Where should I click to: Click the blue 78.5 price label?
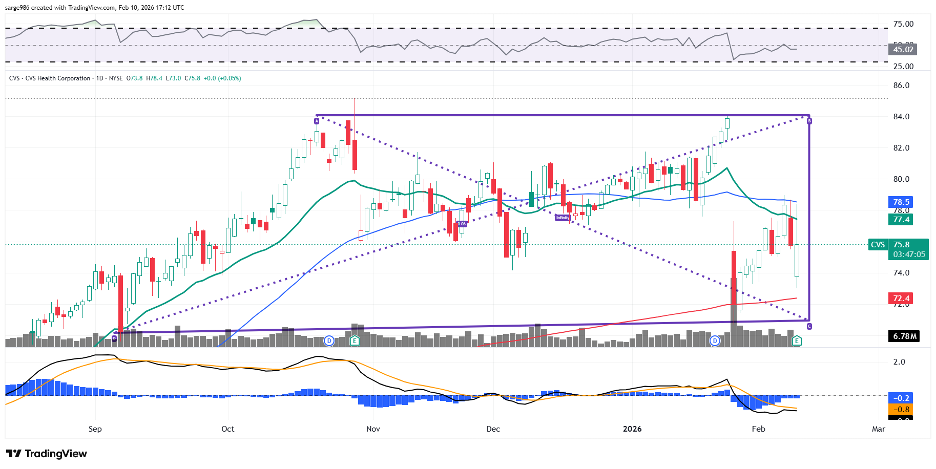pos(901,202)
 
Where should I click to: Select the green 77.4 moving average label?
pos(901,220)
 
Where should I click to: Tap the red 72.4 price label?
pos(901,299)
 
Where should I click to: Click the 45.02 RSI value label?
pos(903,50)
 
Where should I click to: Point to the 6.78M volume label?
pos(905,336)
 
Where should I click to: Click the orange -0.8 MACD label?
pos(901,410)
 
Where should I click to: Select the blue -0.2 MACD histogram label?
pos(901,398)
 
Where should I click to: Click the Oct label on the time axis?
pos(228,429)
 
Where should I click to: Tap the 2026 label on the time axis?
pos(632,429)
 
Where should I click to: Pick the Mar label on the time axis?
pos(878,429)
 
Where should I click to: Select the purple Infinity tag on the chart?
pos(563,218)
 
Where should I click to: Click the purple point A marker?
pos(317,121)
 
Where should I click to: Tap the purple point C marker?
pos(809,326)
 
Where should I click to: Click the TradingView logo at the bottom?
pos(47,454)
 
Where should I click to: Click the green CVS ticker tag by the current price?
pos(878,245)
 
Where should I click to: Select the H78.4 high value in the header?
pos(154,78)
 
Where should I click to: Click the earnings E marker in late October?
pos(355,340)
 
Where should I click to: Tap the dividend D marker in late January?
pos(715,340)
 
